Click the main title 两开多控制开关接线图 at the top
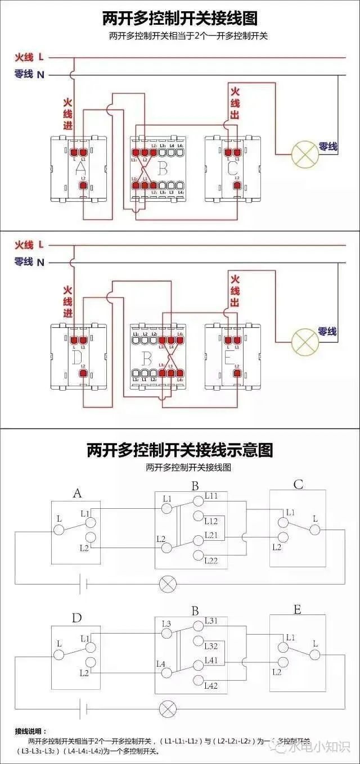tap(179, 19)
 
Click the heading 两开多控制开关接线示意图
tap(179, 450)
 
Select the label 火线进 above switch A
tap(67, 114)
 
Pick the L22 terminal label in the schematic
tap(211, 560)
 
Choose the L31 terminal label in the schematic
tap(211, 621)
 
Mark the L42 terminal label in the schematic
tap(211, 685)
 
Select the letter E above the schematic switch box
tap(297, 609)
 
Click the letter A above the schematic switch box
tap(77, 494)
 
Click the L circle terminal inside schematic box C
tap(315, 530)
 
